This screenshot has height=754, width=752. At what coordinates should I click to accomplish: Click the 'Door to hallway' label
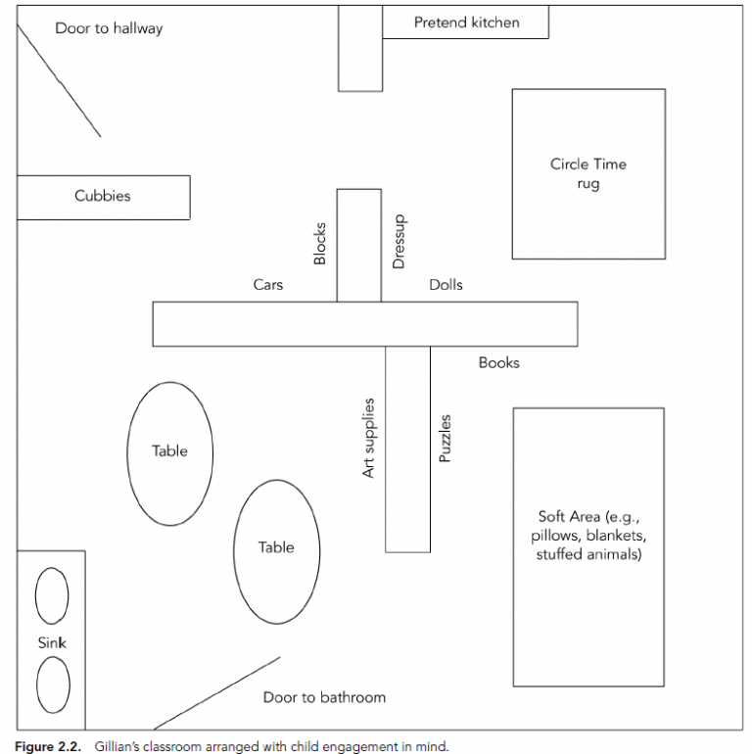click(109, 28)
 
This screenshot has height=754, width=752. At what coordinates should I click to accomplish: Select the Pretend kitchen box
click(465, 23)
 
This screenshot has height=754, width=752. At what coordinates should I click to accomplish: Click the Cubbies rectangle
click(103, 197)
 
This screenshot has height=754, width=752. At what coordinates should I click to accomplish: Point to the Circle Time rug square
click(587, 174)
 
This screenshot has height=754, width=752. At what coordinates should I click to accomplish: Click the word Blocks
click(319, 243)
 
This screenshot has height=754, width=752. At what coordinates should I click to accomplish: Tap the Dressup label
click(399, 241)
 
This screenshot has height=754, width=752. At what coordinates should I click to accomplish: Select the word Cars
click(267, 285)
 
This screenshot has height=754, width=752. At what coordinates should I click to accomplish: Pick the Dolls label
click(446, 285)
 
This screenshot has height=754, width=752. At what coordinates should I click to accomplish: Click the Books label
click(498, 362)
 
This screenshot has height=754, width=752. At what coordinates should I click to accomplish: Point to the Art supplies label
click(369, 438)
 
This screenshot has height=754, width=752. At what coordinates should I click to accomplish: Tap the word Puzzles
click(445, 439)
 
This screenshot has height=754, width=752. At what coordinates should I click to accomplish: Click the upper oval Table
click(169, 452)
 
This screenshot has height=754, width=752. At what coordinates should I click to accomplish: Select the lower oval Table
click(276, 548)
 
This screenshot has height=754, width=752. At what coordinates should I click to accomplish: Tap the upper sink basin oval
click(52, 595)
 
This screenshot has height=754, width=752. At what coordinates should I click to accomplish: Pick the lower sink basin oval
click(53, 684)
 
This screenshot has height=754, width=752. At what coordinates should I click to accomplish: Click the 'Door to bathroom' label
click(324, 697)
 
